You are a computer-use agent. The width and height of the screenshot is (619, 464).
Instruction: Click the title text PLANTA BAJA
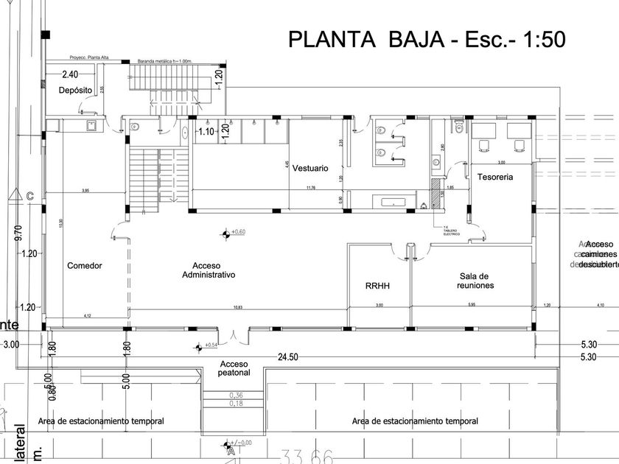365,38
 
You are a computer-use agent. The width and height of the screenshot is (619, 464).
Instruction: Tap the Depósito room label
75,90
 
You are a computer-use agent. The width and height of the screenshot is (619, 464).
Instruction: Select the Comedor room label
84,266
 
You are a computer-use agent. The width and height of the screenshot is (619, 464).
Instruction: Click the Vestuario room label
309,169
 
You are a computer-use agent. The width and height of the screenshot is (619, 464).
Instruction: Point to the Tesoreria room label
494,177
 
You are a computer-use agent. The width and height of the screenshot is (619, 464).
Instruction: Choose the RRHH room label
377,285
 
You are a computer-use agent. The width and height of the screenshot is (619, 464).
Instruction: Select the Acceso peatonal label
235,368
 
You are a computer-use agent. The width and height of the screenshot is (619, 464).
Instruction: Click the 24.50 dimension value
287,357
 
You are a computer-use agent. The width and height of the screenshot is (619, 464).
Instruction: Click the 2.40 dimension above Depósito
70,74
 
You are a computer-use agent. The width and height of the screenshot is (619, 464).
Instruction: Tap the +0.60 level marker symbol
225,233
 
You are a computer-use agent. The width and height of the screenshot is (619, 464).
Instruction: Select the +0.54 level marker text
211,345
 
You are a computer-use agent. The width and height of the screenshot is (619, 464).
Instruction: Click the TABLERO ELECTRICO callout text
451,232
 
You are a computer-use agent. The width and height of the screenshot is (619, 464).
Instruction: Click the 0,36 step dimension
236,395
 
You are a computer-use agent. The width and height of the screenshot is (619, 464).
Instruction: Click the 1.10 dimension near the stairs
206,132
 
